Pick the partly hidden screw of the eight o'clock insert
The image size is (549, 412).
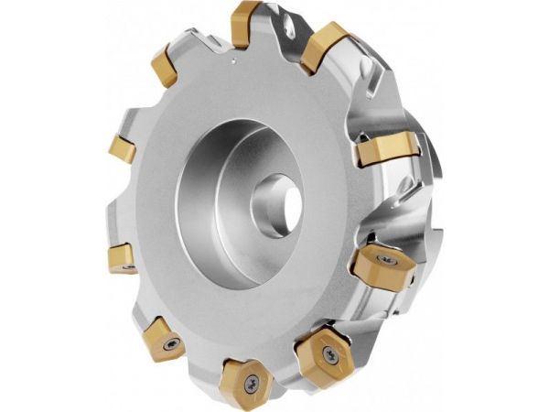pyautogui.click(x=127, y=266)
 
